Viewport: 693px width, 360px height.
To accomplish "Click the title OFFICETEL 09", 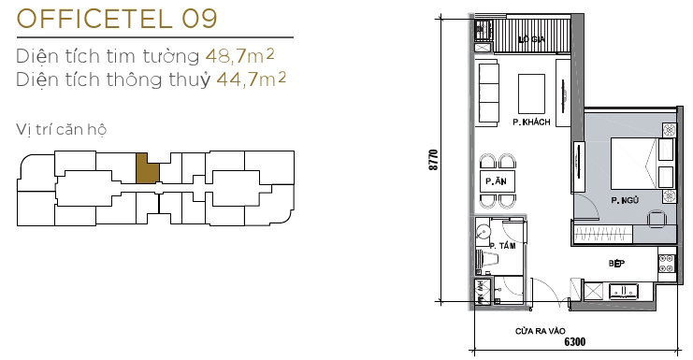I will point(117,19).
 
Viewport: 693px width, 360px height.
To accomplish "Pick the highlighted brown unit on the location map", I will point(147,168).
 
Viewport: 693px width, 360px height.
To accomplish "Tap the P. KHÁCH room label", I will point(530,122).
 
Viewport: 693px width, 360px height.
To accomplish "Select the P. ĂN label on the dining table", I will point(494,180).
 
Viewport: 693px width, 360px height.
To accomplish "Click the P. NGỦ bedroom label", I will point(625,199).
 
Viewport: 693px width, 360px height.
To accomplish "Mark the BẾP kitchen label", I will point(615,265).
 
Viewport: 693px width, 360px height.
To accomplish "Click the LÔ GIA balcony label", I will point(532,39).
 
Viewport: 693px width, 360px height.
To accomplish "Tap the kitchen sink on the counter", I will point(624,292).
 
